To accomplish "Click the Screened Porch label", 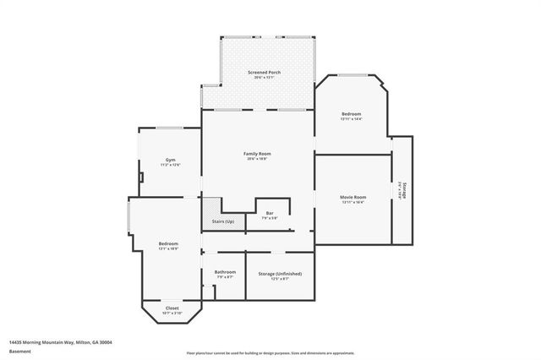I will (x=264, y=73).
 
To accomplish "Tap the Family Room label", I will (x=257, y=153).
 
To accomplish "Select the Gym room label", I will (x=170, y=160).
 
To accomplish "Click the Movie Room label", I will (x=353, y=197).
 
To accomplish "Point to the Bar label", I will (x=270, y=213).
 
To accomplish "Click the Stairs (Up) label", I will (x=223, y=221).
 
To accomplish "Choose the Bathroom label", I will (x=225, y=272).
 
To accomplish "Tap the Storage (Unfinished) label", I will (x=280, y=274).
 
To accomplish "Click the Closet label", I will (x=172, y=308).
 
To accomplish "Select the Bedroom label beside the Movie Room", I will (x=352, y=114).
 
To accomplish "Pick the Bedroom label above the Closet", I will (x=168, y=244).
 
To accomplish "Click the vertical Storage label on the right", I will (x=405, y=191).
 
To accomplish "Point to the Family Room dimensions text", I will (x=257, y=159).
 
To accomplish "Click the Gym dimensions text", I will (x=170, y=165).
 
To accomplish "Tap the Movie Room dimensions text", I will (x=353, y=203).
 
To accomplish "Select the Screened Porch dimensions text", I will (x=264, y=79).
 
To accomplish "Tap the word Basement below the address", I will (x=20, y=351).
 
